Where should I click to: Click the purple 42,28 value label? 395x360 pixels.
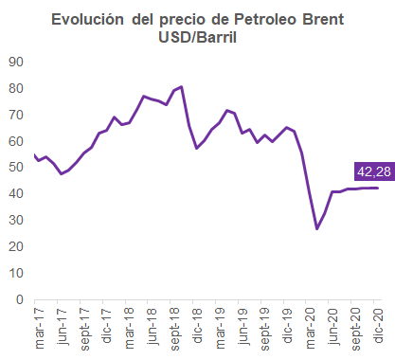tap(374, 171)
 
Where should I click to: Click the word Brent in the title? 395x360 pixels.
tap(323, 20)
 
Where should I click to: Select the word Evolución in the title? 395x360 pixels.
tap(87, 20)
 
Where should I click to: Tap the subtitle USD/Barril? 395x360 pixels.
tap(197, 38)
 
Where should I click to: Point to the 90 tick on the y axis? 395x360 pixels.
tap(16, 62)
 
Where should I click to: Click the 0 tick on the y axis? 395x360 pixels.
tap(20, 299)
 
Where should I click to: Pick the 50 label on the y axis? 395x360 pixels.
tap(16, 167)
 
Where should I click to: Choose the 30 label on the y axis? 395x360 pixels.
tap(16, 220)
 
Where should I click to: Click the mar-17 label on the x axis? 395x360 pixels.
tap(40, 329)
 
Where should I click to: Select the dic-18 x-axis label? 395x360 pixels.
tap(198, 326)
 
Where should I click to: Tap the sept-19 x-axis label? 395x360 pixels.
tap(265, 330)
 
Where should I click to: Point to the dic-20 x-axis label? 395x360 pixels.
tap(379, 326)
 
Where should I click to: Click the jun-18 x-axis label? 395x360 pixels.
tap(153, 327)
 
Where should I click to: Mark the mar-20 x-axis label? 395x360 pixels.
tap(311, 329)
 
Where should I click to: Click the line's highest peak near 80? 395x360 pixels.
tap(182, 86)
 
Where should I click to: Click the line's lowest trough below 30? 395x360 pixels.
tap(316, 228)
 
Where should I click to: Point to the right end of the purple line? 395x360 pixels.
tap(378, 188)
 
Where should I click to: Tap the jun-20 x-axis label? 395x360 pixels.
tap(333, 327)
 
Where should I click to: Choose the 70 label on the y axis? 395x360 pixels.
tap(16, 115)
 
